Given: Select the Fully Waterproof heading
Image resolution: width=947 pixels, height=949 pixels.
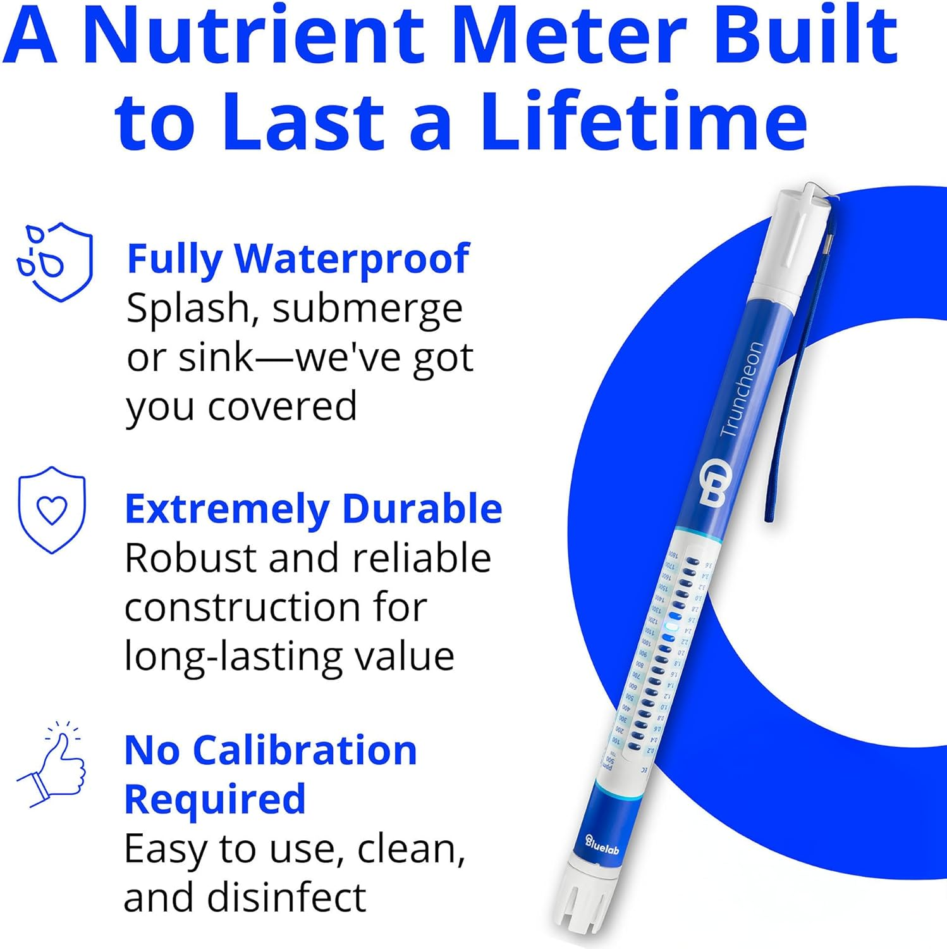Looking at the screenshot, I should pos(298,259).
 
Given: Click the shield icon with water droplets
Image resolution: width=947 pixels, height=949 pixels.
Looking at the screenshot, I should pos(56,261).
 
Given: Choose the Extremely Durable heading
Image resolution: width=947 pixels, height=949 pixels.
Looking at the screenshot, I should pos(313,509).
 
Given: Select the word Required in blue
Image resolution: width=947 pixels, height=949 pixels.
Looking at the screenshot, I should pos(215,799).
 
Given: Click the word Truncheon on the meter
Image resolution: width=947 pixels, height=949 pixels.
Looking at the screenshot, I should pos(742,389).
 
